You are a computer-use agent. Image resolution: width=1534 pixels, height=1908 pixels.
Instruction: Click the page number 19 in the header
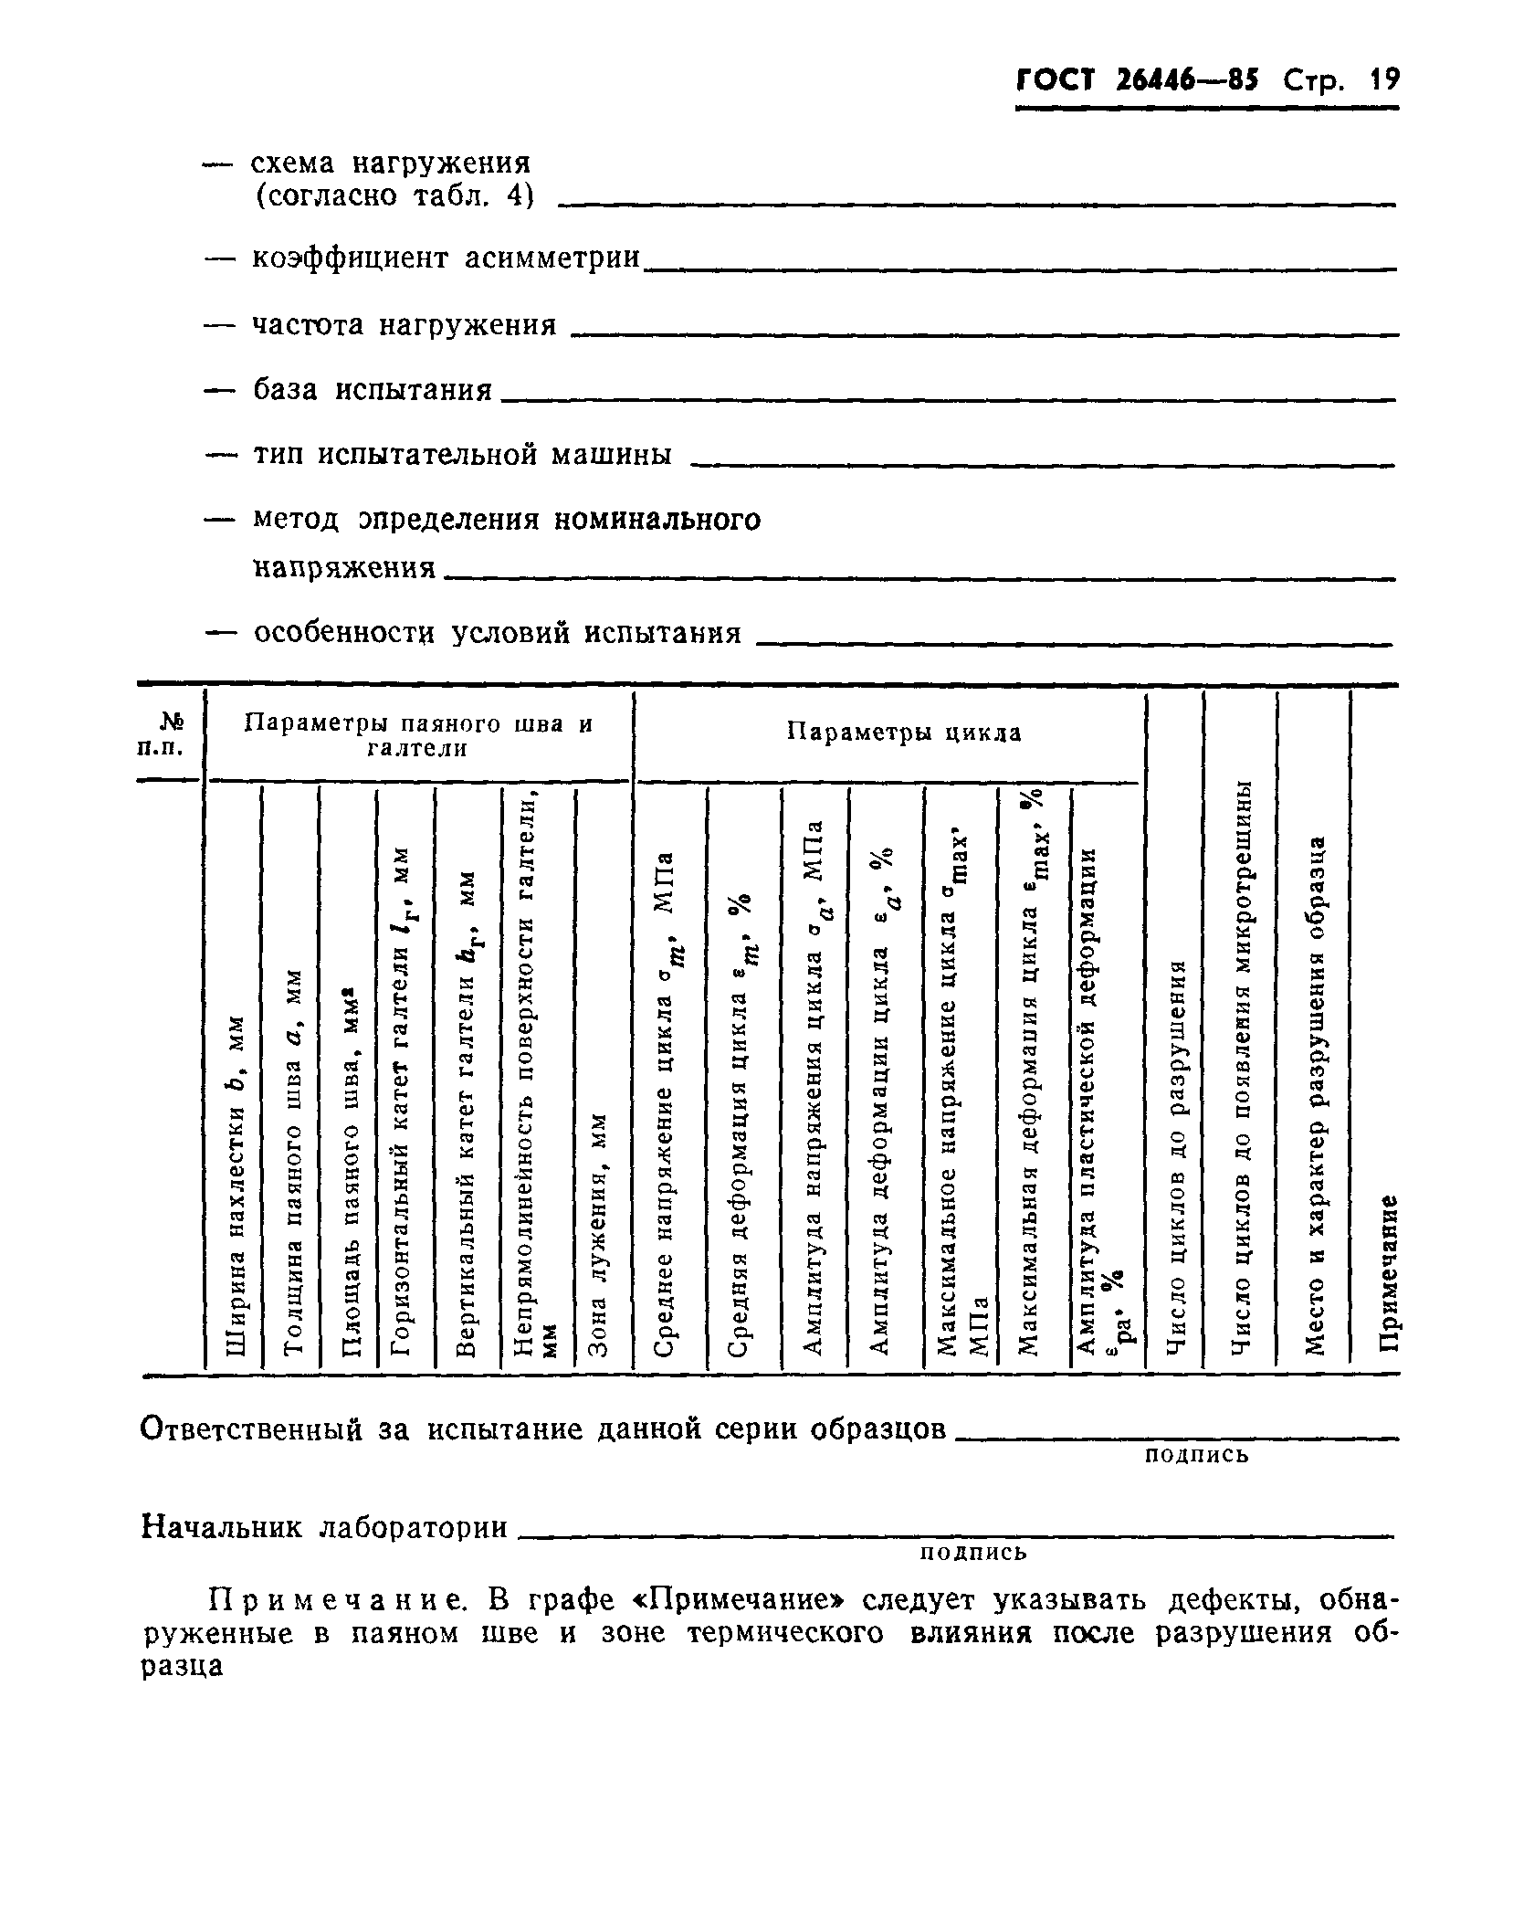tap(1383, 81)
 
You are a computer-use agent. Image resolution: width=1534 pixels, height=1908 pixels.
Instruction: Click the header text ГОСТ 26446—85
tap(1137, 81)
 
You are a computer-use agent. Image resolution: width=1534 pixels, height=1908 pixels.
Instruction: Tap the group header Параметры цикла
tap(904, 733)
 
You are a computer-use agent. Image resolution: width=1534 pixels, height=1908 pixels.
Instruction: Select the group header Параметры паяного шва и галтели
tap(419, 736)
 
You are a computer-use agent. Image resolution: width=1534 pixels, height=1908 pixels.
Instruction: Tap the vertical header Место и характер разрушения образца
tap(1315, 1096)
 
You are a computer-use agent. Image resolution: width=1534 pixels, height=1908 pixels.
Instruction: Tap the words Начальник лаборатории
tap(325, 1528)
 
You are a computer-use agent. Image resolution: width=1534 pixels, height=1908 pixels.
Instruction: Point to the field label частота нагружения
tap(404, 325)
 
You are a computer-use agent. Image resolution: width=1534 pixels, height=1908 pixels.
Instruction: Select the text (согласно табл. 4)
tap(393, 195)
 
